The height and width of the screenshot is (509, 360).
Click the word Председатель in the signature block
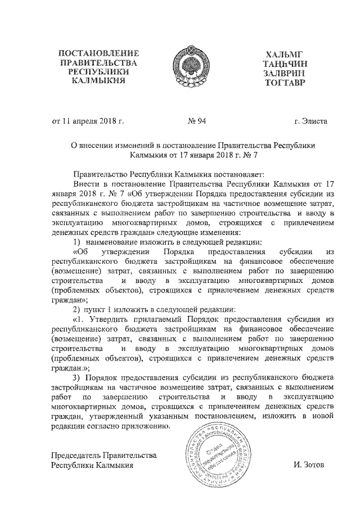coord(78,455)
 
